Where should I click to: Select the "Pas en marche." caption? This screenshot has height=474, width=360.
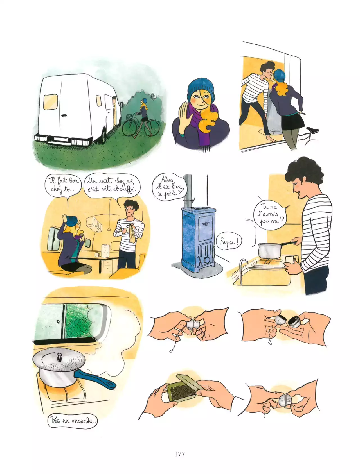coord(73,421)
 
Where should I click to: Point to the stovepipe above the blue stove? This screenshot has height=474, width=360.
coord(188,191)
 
